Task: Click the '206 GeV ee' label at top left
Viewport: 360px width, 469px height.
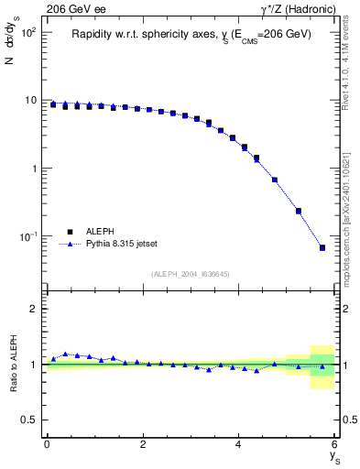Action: (75, 9)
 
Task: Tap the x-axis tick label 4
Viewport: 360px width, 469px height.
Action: (239, 444)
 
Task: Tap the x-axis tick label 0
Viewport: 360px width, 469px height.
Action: (47, 444)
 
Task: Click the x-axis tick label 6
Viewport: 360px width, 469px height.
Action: (335, 444)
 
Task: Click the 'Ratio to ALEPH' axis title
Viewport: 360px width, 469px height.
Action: (13, 364)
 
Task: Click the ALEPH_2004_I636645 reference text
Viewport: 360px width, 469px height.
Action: (191, 274)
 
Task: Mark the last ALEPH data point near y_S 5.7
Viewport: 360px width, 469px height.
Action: (322, 247)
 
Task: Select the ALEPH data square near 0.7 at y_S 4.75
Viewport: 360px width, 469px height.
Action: (275, 180)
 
